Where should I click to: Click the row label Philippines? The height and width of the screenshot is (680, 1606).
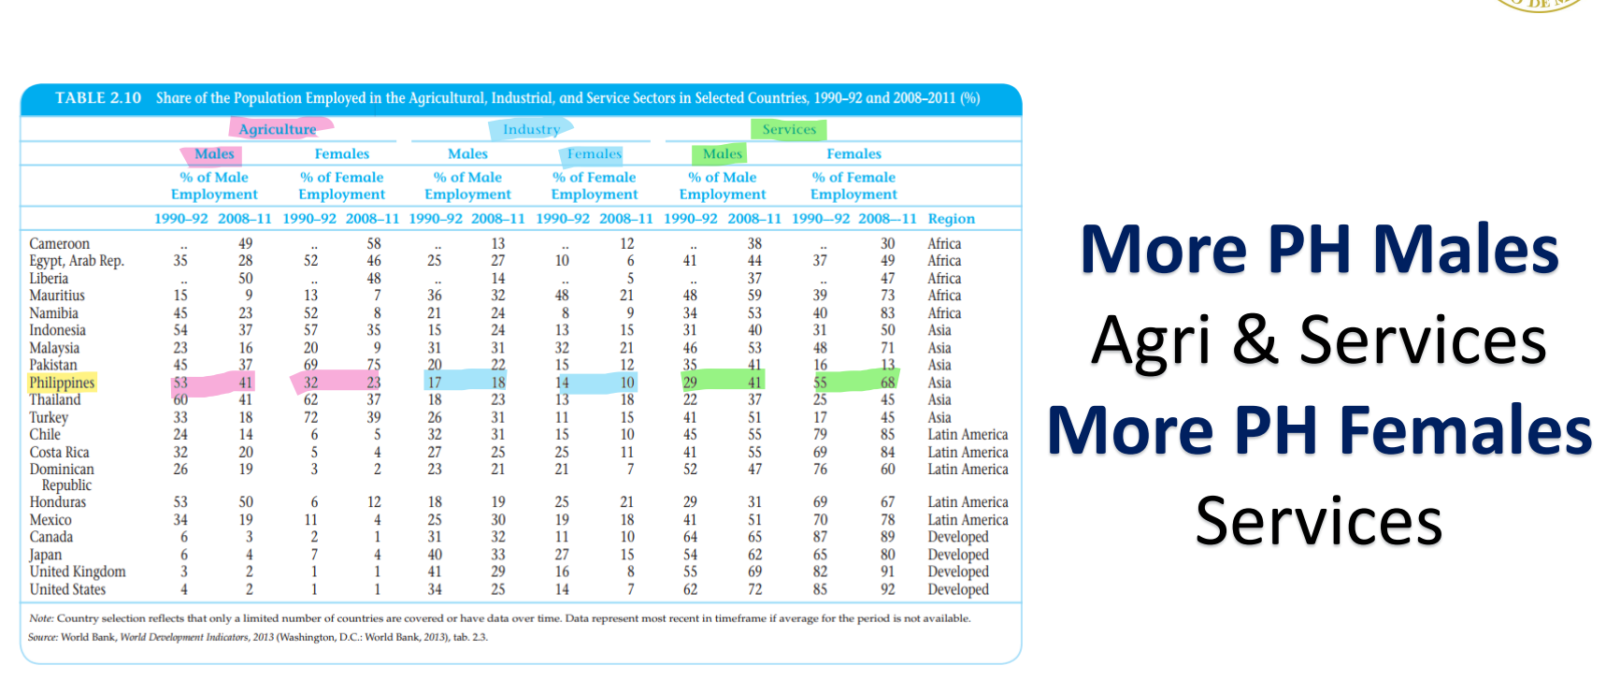(x=62, y=383)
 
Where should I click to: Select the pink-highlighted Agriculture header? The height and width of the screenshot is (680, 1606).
(x=278, y=129)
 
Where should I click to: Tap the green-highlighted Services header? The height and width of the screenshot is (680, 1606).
(x=789, y=129)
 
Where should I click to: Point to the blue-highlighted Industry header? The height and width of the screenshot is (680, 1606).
(x=531, y=129)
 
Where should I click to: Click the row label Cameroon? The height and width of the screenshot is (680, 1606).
(x=60, y=243)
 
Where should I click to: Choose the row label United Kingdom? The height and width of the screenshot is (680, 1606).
(x=78, y=571)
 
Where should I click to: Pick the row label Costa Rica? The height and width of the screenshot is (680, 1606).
(x=60, y=452)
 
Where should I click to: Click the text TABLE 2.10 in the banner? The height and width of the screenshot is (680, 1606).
(x=98, y=98)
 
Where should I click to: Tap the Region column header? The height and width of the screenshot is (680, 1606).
(x=951, y=219)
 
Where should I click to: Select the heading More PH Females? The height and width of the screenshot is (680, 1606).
(x=1319, y=430)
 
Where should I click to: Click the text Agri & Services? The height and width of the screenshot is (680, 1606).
(x=1319, y=340)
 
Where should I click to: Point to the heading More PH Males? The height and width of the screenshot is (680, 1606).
(x=1319, y=250)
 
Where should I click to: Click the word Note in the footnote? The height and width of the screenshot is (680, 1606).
(x=40, y=618)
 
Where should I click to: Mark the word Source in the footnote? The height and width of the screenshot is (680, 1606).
(x=42, y=637)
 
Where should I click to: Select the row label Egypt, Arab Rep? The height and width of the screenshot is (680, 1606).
(x=77, y=261)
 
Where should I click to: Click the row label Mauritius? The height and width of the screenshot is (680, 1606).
(x=57, y=296)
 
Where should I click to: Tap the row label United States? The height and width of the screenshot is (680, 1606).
(x=67, y=589)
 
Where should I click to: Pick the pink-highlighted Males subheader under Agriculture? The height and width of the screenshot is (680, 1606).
(x=214, y=153)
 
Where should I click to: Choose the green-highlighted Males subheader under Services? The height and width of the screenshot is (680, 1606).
(x=722, y=153)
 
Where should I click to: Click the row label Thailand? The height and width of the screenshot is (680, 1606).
(x=55, y=399)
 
